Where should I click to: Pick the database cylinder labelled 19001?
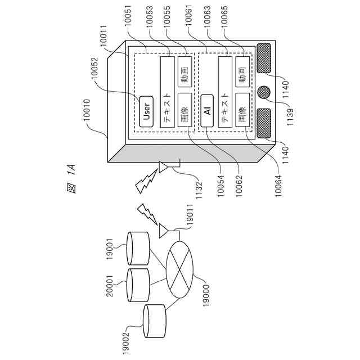coord(137,248)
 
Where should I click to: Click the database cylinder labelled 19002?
coord(154,322)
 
